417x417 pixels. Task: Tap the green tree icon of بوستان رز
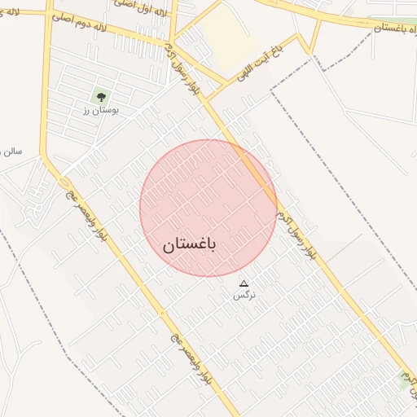click(x=102, y=97)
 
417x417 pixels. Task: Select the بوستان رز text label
click(x=102, y=109)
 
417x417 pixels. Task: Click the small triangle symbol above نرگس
click(x=242, y=283)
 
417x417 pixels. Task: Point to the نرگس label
click(x=244, y=295)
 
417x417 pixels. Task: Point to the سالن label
click(x=11, y=151)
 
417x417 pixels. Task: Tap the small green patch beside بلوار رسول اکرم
click(x=406, y=375)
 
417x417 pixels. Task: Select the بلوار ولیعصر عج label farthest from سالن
click(x=191, y=359)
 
